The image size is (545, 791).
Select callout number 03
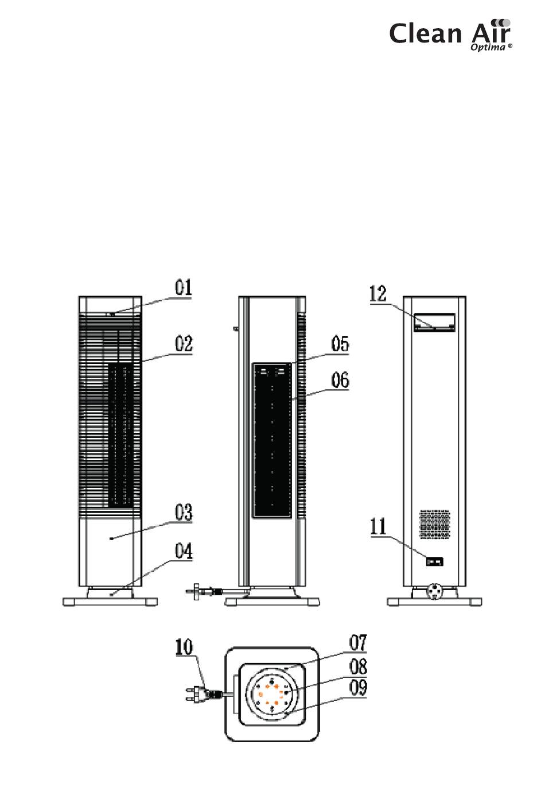click(184, 512)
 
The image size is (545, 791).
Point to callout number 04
click(184, 552)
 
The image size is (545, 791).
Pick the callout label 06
click(340, 380)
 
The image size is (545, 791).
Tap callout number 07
click(358, 643)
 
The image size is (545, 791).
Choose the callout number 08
click(358, 666)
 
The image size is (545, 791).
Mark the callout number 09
click(358, 687)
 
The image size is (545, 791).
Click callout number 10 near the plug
click(184, 647)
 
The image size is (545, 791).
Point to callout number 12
click(378, 294)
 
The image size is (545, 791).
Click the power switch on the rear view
click(434, 561)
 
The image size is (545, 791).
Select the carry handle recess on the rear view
click(434, 323)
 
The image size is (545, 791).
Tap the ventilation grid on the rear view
click(434, 524)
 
